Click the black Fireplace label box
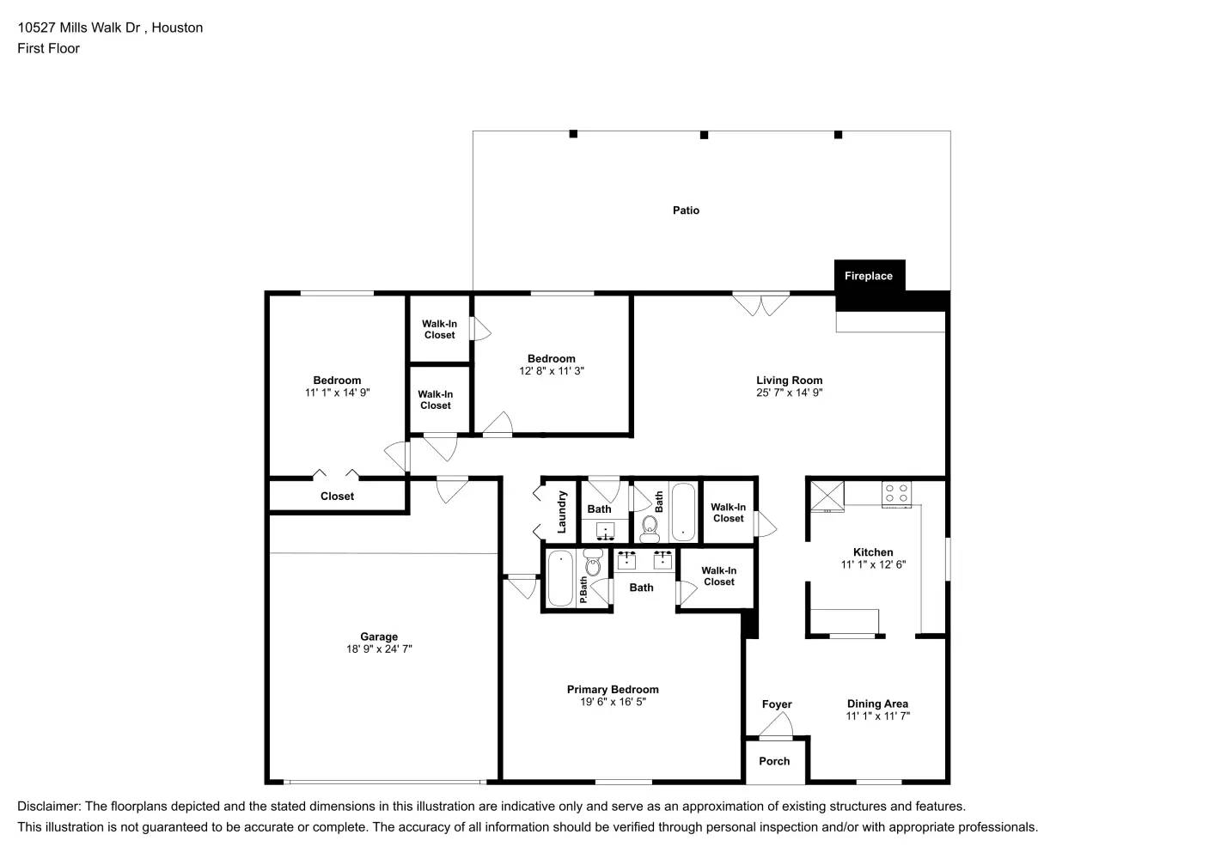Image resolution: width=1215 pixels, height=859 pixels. tap(869, 276)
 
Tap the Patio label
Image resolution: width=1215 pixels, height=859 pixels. tap(686, 210)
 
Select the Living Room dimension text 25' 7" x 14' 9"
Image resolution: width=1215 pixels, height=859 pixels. tap(789, 393)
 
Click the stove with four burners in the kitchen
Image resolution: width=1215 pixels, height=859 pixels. tap(896, 494)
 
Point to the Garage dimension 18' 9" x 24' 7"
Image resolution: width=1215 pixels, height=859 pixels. tap(379, 649)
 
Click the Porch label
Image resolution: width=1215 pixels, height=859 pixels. tap(774, 761)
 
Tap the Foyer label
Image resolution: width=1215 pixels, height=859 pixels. tap(777, 704)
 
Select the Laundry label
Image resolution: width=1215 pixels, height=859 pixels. tap(562, 512)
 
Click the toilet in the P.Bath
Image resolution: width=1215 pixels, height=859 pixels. tap(592, 565)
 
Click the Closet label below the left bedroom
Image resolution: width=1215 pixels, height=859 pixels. tap(337, 497)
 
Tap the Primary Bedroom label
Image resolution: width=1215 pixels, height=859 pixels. tap(613, 690)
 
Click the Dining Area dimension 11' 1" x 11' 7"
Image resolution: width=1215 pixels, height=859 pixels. tap(877, 716)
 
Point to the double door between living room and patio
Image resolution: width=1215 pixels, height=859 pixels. tap(760, 304)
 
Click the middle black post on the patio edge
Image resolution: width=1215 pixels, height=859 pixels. tap(704, 135)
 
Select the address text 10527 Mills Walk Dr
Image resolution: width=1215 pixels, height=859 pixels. tap(79, 27)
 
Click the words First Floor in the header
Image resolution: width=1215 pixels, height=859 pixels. tap(48, 48)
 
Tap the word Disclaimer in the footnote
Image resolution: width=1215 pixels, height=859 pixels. tap(48, 807)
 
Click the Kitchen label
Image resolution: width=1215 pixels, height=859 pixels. tap(873, 552)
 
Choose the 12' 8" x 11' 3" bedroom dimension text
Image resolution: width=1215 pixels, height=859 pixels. tap(552, 371)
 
